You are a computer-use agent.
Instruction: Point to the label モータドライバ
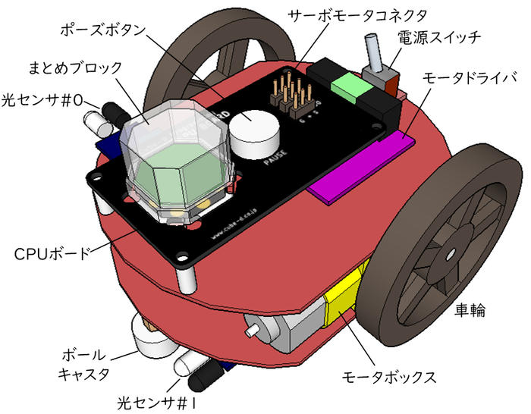point(472,77)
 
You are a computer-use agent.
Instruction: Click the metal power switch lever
point(374,54)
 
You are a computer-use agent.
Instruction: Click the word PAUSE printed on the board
point(274,161)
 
